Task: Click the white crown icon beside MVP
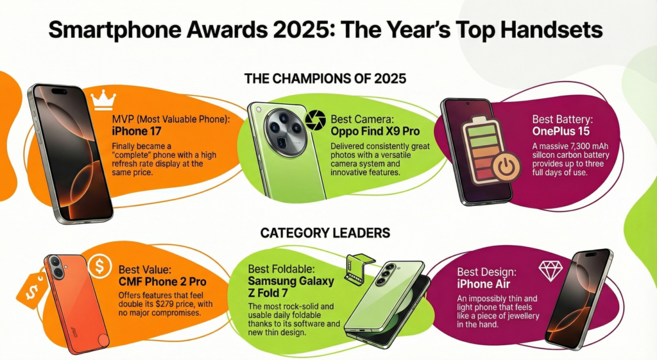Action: (x=102, y=99)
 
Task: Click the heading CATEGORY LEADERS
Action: (x=325, y=233)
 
